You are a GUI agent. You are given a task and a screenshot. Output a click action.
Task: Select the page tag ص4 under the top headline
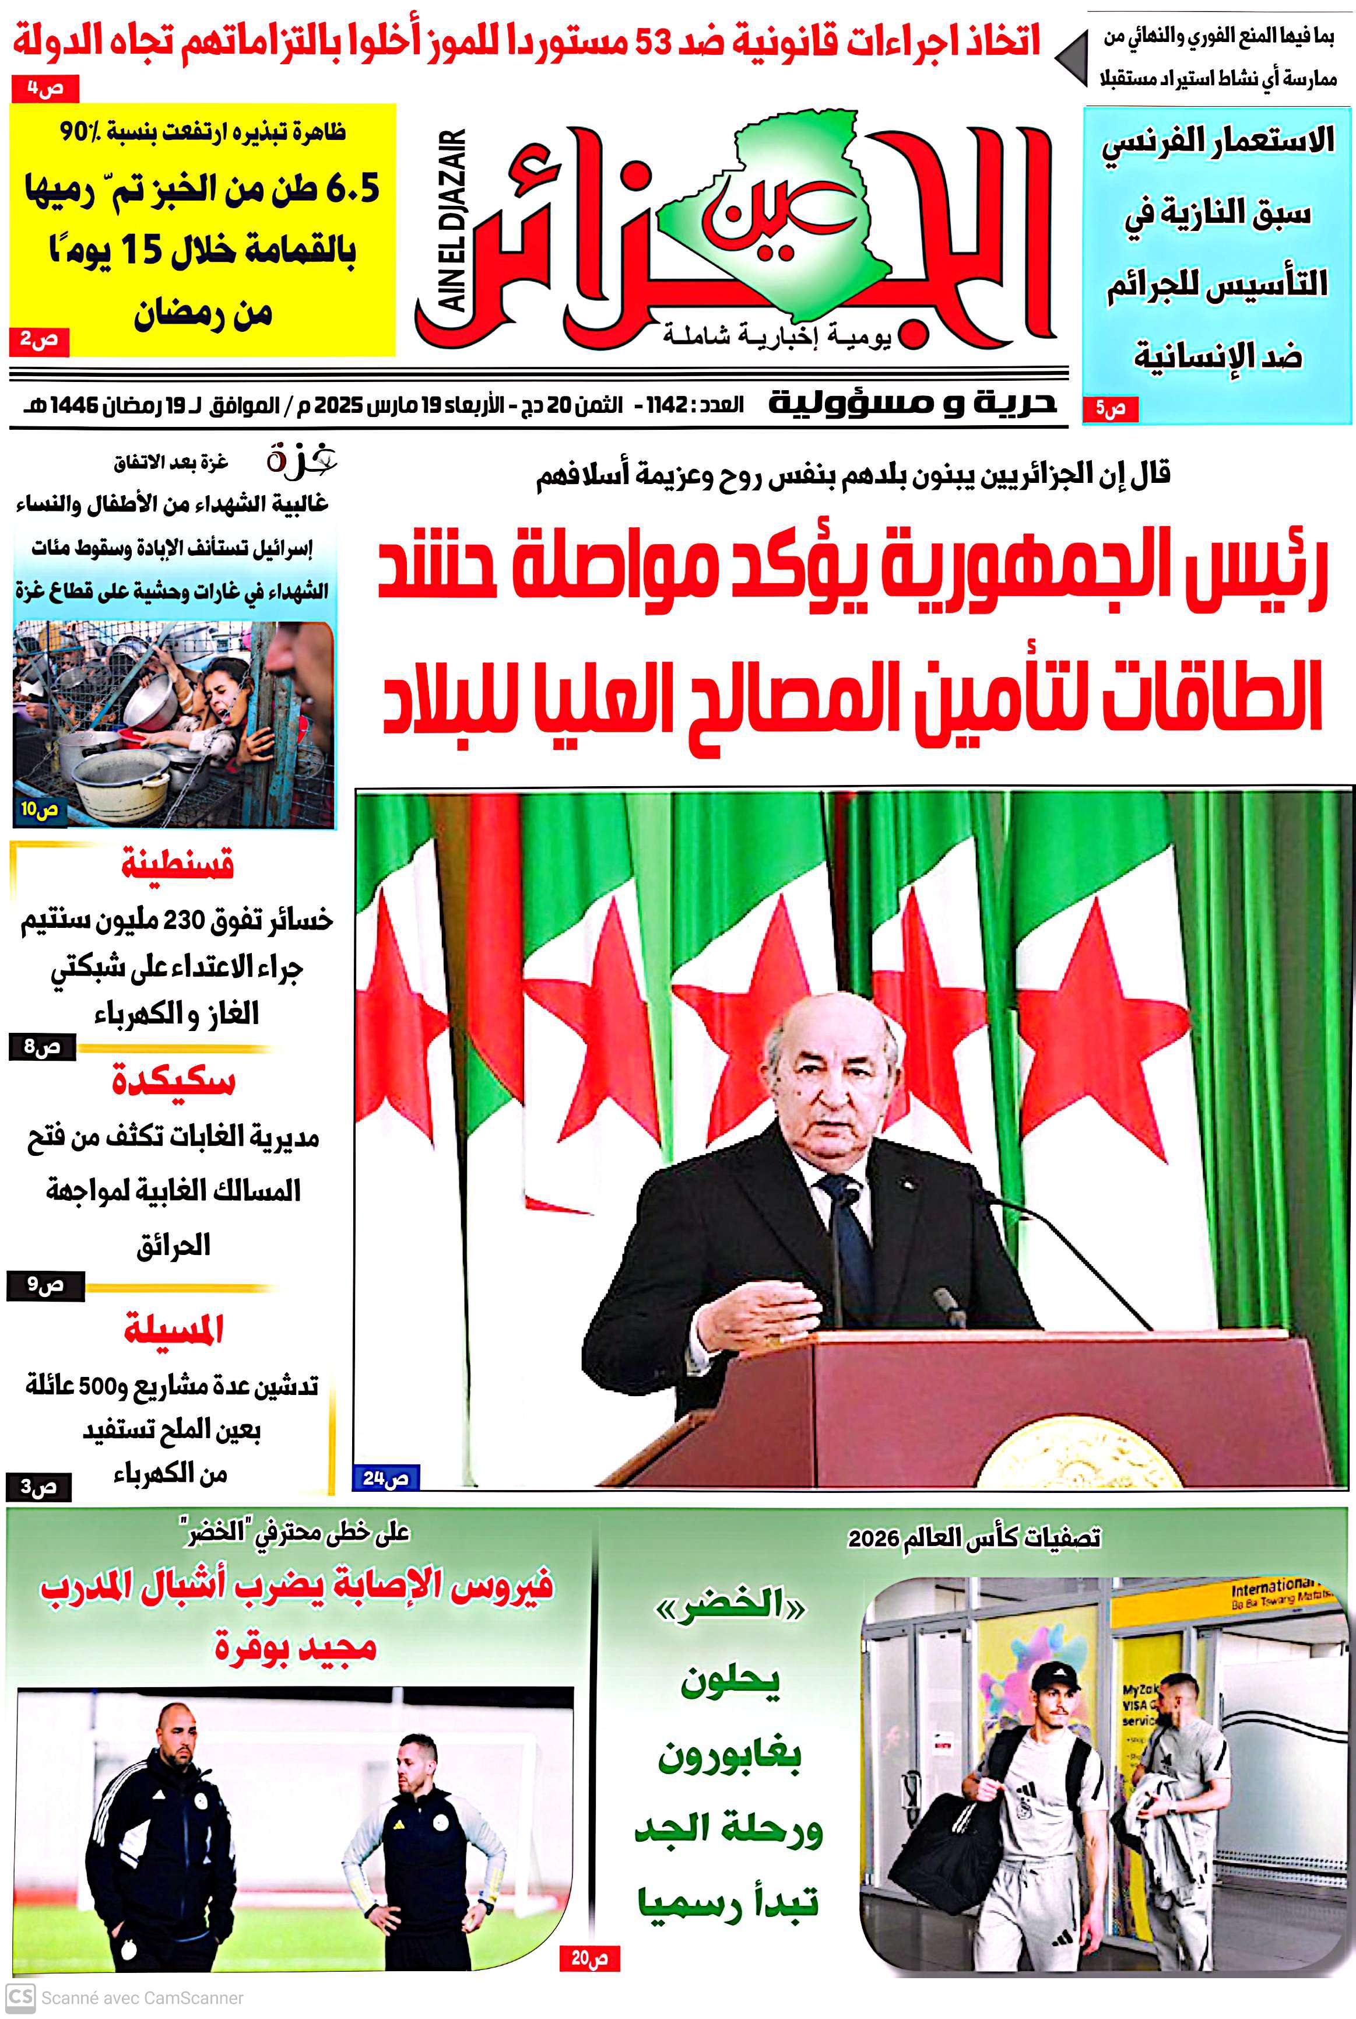(x=45, y=88)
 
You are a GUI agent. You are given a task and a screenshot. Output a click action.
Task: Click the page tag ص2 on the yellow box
(x=39, y=341)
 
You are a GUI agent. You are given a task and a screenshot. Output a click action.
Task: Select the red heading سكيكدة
(x=173, y=1081)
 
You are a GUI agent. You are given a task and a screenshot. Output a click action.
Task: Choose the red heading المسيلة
(x=173, y=1330)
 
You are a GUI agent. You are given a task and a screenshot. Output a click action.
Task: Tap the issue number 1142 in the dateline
(x=667, y=405)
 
